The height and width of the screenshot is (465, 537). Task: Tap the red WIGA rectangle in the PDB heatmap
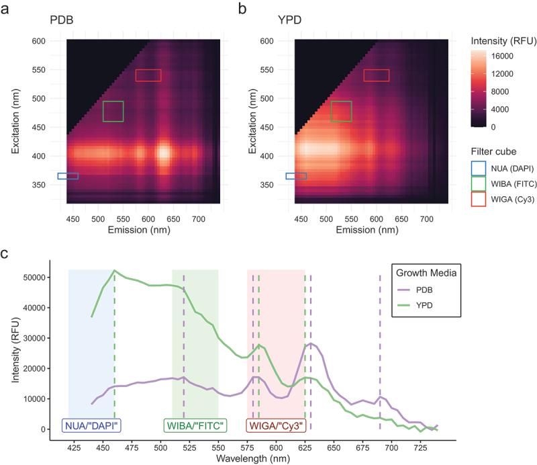(x=148, y=75)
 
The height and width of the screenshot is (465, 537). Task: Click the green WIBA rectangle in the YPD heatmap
(x=342, y=112)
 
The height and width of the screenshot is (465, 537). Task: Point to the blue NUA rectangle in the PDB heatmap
(x=68, y=176)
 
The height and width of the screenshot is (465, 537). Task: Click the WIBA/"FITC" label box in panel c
(x=195, y=425)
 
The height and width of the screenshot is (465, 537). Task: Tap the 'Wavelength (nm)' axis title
(x=252, y=459)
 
